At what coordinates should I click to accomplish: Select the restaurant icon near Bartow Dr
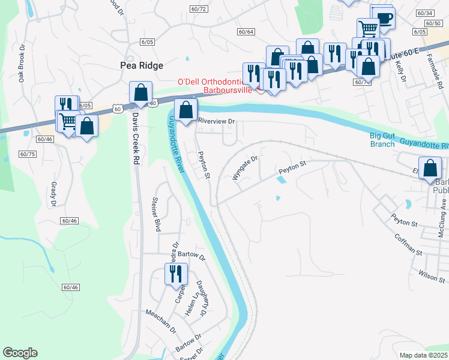(175, 274)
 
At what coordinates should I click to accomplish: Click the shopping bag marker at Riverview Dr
(186, 110)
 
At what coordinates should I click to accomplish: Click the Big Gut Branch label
(382, 139)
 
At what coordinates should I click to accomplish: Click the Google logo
(20, 353)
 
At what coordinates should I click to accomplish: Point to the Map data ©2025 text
(424, 355)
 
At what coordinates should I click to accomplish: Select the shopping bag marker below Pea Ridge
(140, 93)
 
